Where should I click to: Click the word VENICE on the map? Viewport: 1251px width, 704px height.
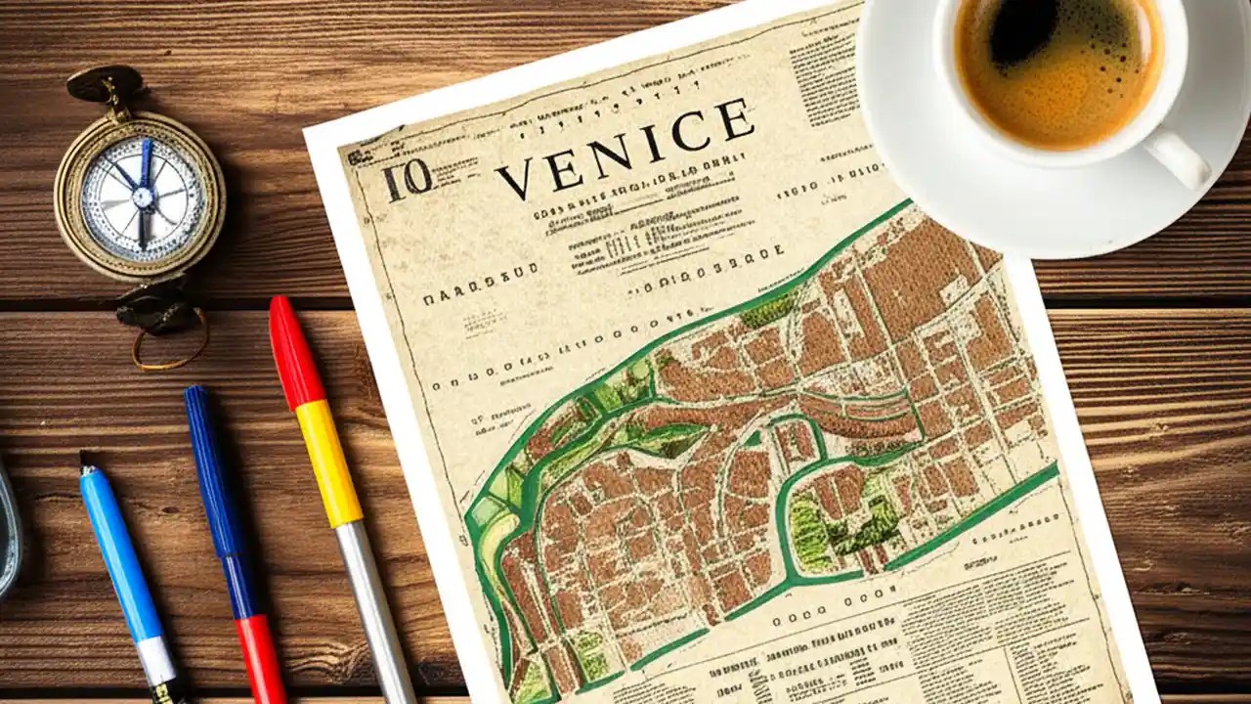[x=625, y=148]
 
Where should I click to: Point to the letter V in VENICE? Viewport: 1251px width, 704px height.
[x=515, y=179]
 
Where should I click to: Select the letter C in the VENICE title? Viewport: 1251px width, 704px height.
[x=690, y=131]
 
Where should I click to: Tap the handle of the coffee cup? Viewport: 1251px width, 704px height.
[x=1179, y=155]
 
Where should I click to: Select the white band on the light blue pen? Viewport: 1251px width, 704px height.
[x=156, y=661]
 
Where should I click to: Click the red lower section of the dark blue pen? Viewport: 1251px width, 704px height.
[x=262, y=660]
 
